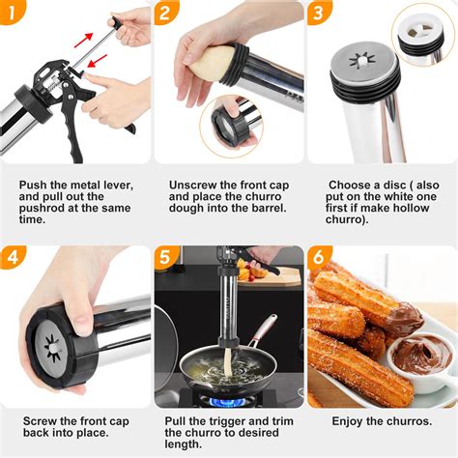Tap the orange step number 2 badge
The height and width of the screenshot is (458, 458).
pos(167,14)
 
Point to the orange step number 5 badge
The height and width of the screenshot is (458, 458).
pos(167,259)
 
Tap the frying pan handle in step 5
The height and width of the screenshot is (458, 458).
pos(258,333)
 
